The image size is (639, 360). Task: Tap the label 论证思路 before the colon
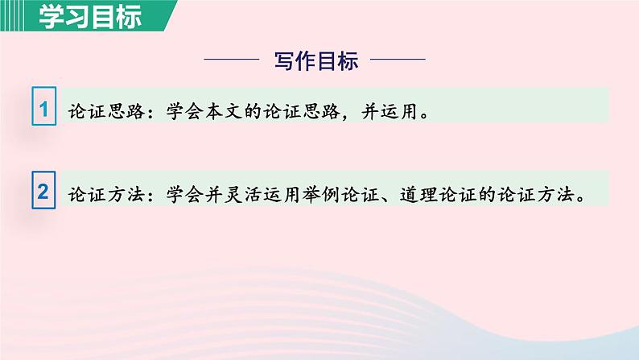(x=99, y=111)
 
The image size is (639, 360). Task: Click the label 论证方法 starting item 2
(x=99, y=194)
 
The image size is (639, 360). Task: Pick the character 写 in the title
(x=285, y=60)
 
